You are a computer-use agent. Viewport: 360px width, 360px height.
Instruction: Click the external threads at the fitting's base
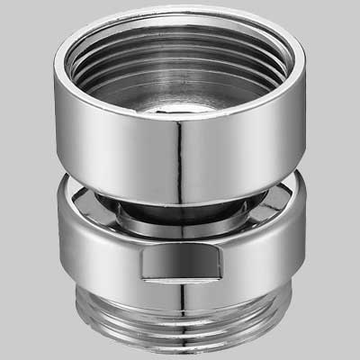click(180, 319)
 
